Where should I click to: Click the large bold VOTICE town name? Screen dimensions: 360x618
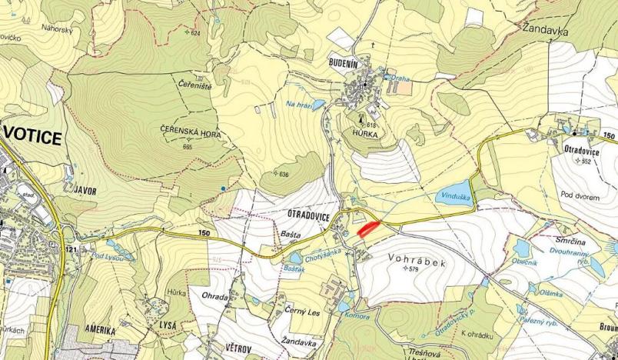pyautogui.click(x=33, y=137)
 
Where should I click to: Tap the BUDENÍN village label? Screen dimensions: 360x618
pyautogui.click(x=351, y=67)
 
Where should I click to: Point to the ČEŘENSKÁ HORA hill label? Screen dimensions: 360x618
pyautogui.click(x=191, y=133)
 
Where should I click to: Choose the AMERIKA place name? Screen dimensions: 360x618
pyautogui.click(x=95, y=331)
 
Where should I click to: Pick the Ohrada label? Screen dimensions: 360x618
pyautogui.click(x=214, y=296)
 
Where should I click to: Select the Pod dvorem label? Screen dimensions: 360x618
pyautogui.click(x=580, y=197)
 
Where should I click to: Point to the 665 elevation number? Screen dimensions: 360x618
pyautogui.click(x=188, y=146)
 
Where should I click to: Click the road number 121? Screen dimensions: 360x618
pyautogui.click(x=72, y=250)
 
